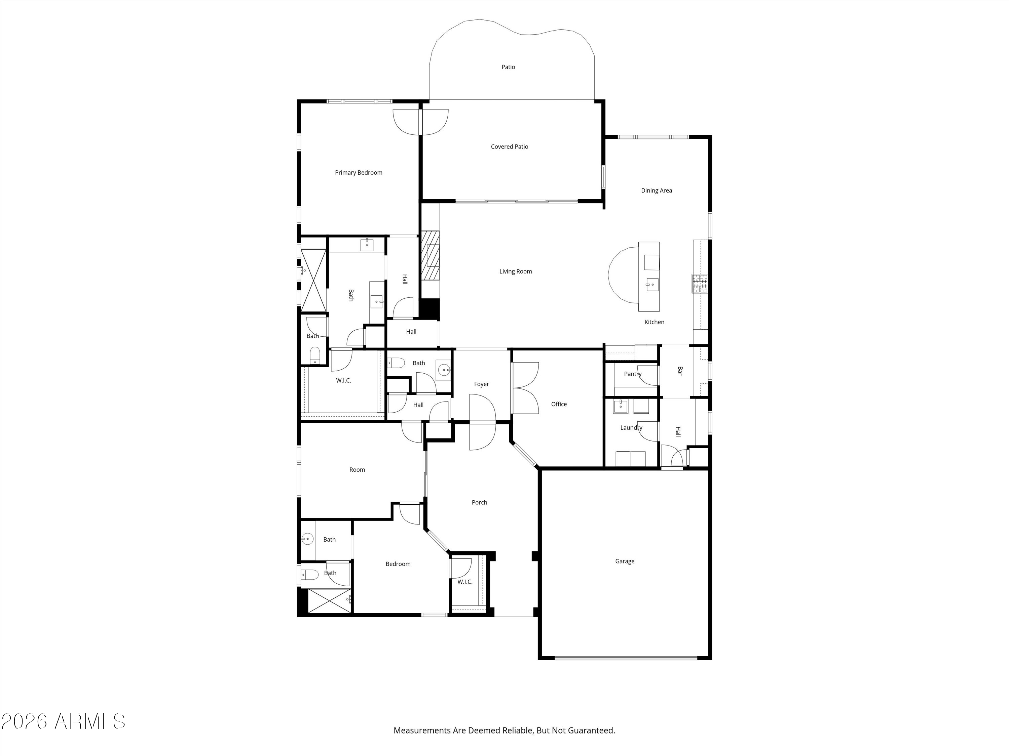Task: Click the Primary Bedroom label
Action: coord(359,173)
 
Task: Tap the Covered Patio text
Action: coord(510,147)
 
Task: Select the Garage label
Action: coord(625,561)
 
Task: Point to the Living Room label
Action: coord(516,271)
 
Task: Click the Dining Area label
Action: coord(657,191)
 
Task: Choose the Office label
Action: coord(559,404)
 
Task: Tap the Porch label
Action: coord(479,503)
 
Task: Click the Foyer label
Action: coord(481,384)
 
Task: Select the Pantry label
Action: coord(633,374)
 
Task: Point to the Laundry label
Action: coord(631,428)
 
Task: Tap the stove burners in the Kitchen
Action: coord(700,284)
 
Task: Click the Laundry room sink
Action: coord(620,407)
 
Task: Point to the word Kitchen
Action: coord(654,322)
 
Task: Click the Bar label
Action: coord(680,371)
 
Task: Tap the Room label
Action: coord(357,470)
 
